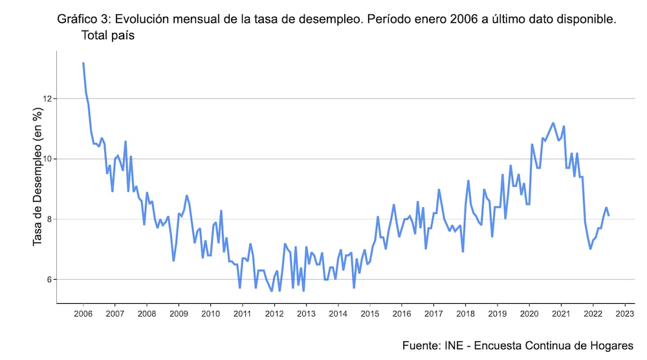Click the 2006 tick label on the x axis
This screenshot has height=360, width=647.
point(83,314)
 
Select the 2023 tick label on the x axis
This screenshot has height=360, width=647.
point(624,314)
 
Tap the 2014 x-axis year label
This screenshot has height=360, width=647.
point(338,314)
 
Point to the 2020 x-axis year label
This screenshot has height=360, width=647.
point(529,314)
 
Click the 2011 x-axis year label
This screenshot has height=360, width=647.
point(242,314)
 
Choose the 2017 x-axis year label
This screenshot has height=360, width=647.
point(433,314)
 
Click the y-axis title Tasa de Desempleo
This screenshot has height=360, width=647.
point(38,177)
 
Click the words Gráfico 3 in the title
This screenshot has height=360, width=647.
point(85,19)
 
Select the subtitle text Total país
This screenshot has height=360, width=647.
point(107,36)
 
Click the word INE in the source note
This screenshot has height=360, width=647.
point(455,345)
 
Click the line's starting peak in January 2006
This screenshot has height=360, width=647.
point(83,63)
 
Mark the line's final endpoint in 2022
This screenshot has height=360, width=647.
point(609,216)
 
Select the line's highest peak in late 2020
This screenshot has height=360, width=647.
point(553,122)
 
